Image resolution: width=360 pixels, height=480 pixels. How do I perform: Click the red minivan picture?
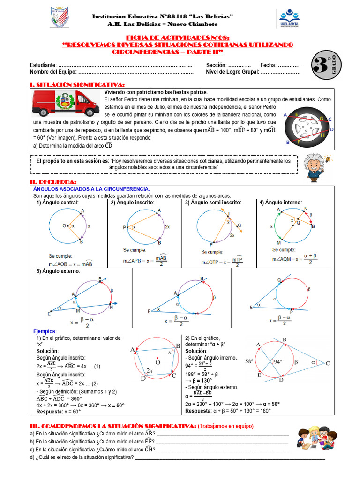click(67, 103)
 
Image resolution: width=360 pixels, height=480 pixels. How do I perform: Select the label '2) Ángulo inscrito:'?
click(132, 202)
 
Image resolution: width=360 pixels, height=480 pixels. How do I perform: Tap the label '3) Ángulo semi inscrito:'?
click(213, 202)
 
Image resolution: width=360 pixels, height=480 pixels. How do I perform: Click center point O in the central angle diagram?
click(64, 226)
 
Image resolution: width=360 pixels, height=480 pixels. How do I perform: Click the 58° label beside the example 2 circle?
click(249, 361)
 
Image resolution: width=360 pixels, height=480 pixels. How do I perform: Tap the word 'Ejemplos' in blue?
click(44, 331)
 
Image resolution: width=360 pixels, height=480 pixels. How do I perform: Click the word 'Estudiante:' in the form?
click(43, 65)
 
